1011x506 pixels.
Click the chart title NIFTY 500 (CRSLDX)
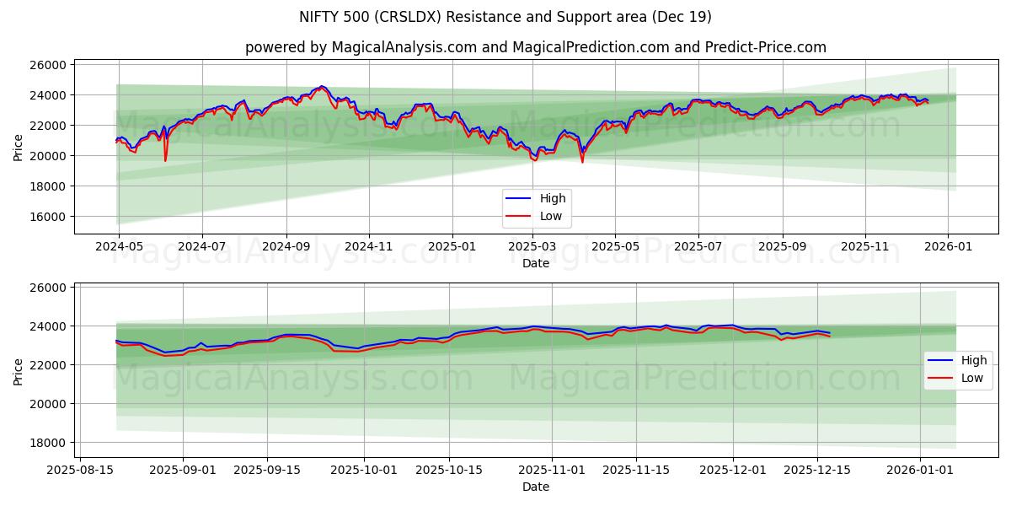pos(505,17)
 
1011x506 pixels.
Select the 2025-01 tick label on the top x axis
pos(452,246)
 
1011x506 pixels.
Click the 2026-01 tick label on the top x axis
pos(948,246)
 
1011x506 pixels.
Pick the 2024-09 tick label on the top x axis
pos(286,246)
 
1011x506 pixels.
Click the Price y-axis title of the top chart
pos(19,147)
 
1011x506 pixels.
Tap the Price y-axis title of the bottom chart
pos(19,371)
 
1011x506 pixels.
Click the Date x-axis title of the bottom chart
pos(535,487)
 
